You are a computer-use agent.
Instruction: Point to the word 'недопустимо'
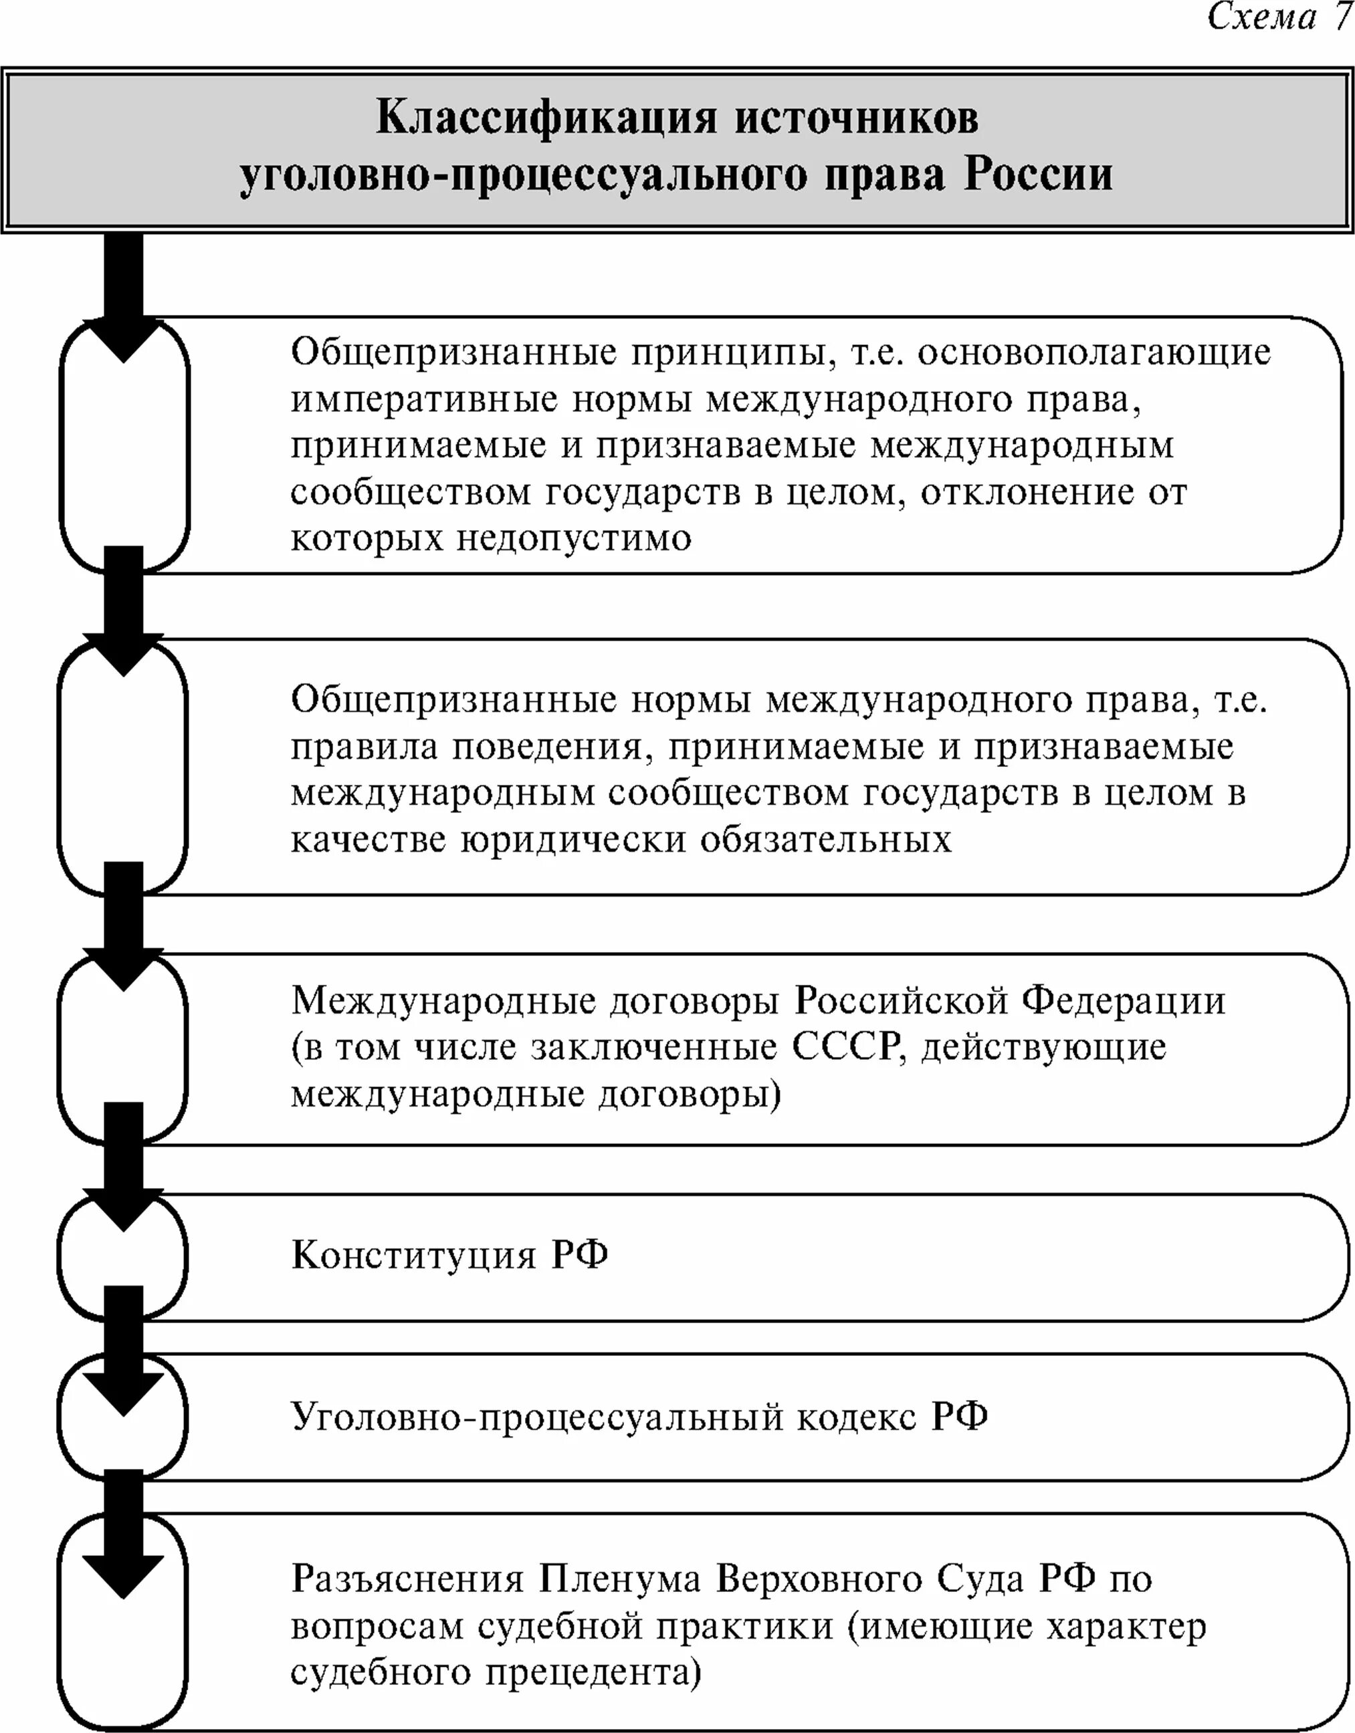(573, 539)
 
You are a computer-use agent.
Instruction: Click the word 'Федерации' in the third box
(1122, 1001)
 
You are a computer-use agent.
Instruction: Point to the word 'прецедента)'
(593, 1673)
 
